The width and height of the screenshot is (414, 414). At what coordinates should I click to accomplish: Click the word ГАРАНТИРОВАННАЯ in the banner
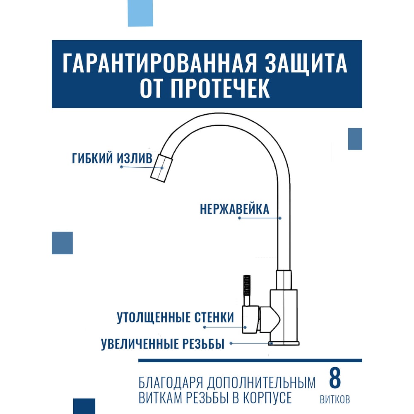click(x=160, y=63)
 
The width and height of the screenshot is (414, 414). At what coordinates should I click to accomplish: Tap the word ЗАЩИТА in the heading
click(x=306, y=63)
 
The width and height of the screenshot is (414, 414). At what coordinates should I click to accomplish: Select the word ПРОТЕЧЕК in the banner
click(x=220, y=88)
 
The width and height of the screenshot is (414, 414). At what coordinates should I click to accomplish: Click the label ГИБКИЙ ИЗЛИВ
click(x=112, y=159)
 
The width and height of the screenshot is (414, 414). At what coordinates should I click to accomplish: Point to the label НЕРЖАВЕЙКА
click(x=235, y=209)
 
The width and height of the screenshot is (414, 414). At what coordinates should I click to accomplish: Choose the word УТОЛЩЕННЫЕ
click(x=154, y=318)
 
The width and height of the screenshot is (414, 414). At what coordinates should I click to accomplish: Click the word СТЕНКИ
click(x=214, y=318)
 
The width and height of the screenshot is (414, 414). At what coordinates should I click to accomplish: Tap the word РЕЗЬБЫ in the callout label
click(x=203, y=344)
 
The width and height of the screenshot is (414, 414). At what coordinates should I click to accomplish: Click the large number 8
click(x=335, y=378)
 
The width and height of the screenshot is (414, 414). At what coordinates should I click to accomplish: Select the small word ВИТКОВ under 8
click(x=335, y=399)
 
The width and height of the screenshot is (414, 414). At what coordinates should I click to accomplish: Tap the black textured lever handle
click(x=247, y=286)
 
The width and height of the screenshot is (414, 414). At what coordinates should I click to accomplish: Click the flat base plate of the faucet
click(x=284, y=343)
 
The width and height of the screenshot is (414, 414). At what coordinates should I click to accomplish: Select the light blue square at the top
click(x=140, y=13)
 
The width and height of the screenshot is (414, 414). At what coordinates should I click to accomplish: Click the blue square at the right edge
click(x=355, y=139)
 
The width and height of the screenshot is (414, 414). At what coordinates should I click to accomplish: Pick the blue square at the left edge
click(x=63, y=243)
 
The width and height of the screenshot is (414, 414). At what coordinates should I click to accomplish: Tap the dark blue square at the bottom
click(x=84, y=406)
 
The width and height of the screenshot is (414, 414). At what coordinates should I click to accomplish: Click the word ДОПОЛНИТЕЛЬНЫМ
click(x=261, y=383)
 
